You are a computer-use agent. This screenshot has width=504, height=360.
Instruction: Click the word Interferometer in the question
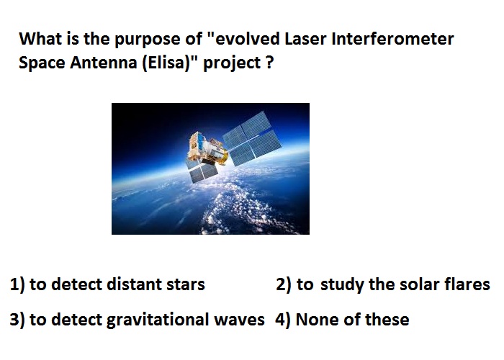pos(392,39)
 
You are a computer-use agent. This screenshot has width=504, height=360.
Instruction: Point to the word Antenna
pos(104,63)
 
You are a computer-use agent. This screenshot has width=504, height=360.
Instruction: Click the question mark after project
pos(270,63)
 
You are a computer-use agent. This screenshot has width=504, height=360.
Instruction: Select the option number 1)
pos(17,285)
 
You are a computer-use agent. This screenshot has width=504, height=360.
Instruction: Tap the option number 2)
pos(284,285)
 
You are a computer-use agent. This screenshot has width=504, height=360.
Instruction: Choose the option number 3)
pos(17,320)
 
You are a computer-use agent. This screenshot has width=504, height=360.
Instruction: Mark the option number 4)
pos(283,320)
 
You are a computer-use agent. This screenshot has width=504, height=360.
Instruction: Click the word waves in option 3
pos(240,320)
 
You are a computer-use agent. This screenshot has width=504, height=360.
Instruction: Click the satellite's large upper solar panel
pos(252,138)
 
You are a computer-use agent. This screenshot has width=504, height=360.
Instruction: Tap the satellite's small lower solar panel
pos(201,171)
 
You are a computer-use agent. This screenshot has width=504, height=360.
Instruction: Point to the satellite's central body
pos(207,148)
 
